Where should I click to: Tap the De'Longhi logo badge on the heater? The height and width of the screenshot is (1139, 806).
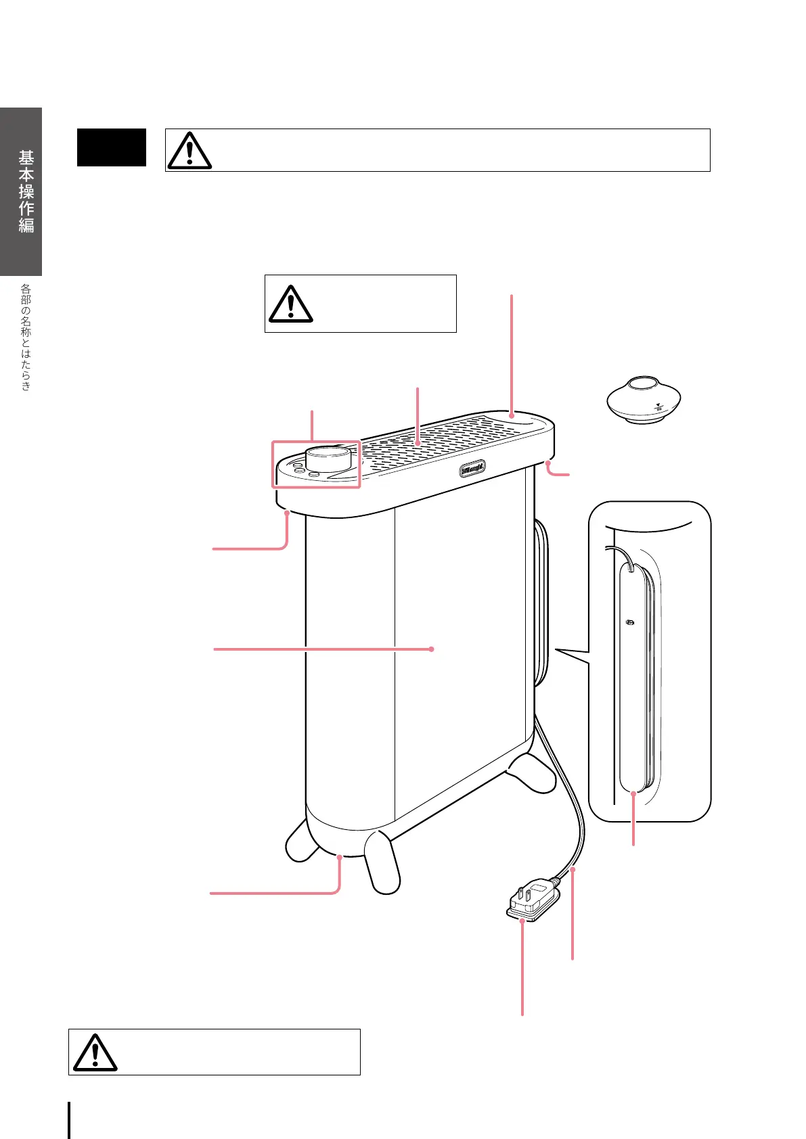[x=472, y=469]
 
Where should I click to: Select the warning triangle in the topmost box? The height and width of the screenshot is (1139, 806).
[x=189, y=150]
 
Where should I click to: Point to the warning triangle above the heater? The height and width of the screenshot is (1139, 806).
[x=290, y=304]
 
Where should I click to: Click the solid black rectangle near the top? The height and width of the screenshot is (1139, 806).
[x=112, y=147]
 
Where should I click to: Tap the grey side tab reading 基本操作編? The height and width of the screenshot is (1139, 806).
[x=26, y=191]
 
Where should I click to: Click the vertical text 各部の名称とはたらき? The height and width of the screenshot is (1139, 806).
[x=26, y=337]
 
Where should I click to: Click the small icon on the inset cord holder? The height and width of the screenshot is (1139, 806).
[x=630, y=622]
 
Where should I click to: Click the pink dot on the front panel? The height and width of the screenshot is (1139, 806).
[x=432, y=649]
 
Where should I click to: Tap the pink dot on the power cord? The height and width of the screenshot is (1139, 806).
[x=573, y=870]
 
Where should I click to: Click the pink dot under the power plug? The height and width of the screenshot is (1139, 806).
[x=522, y=921]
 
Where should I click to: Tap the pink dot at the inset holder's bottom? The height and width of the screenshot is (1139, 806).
[x=633, y=793]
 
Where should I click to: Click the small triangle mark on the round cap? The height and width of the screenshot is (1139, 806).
[x=658, y=405]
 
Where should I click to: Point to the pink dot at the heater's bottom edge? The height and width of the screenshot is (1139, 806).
[x=339, y=857]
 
